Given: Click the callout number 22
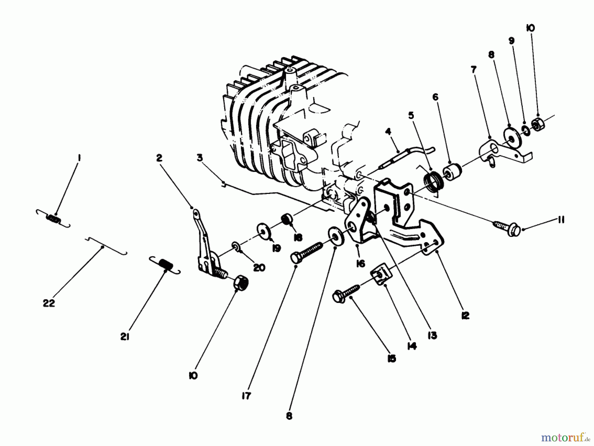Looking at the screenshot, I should point(49,303).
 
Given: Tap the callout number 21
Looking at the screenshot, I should point(124,337).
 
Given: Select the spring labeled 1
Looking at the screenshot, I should point(53,219).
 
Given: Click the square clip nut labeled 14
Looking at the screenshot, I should point(380,276).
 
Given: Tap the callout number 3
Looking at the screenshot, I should point(200,158).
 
